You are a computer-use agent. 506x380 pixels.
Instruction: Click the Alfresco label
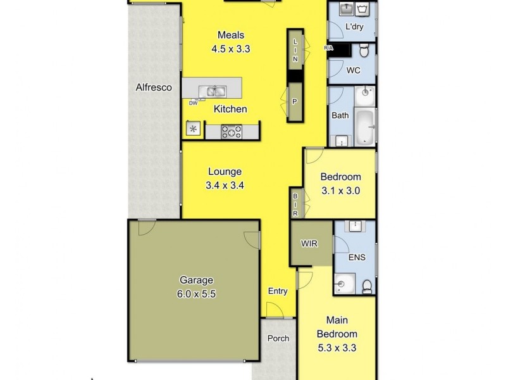coord(154,88)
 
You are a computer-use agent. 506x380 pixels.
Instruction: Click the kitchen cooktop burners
coord(232,131)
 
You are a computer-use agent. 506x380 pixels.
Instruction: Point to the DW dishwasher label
coord(192,103)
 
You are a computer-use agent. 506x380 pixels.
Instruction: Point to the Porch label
coord(278,338)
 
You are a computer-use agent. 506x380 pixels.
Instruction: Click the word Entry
coord(278,292)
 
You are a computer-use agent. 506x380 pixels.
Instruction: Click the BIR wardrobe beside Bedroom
coord(295,204)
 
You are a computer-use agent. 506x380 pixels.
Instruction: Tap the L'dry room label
coord(355,27)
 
